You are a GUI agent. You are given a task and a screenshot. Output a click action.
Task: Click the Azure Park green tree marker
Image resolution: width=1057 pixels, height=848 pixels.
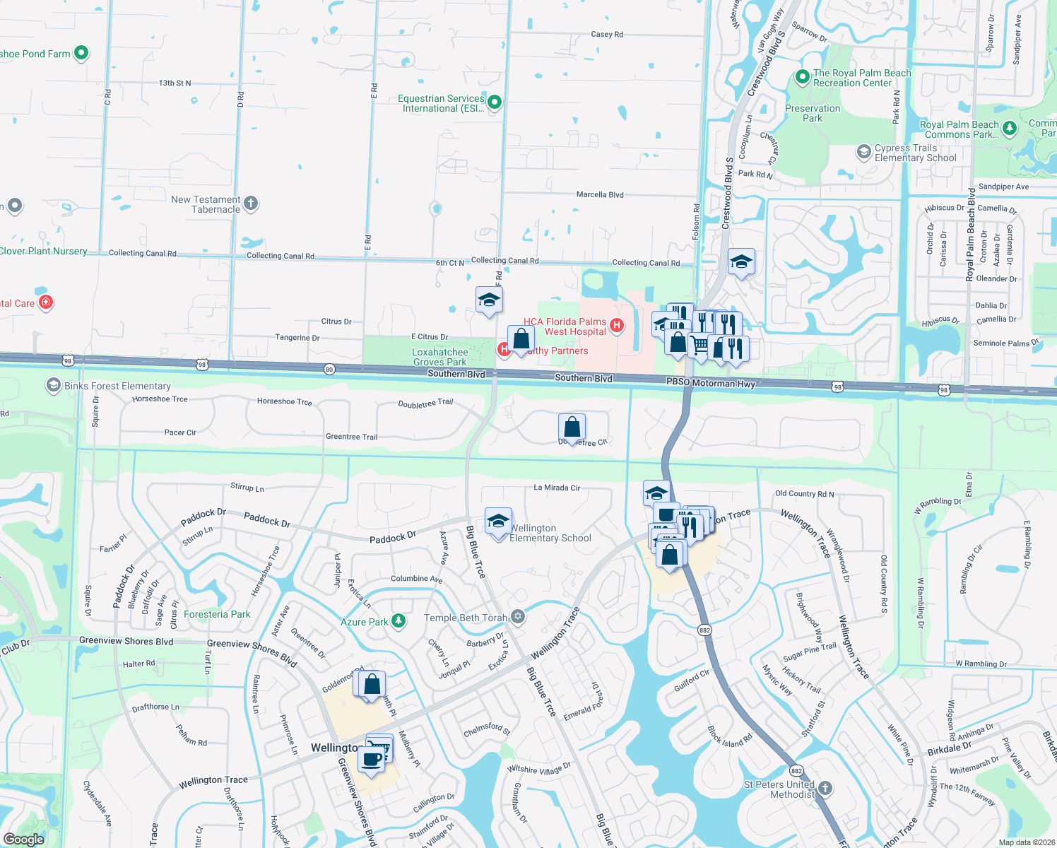click(x=398, y=620)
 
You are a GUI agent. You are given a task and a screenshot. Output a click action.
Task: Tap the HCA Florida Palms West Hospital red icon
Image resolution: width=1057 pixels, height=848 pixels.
click(x=616, y=326)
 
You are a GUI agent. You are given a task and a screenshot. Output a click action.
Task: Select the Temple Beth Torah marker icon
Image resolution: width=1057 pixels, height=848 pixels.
click(x=518, y=617)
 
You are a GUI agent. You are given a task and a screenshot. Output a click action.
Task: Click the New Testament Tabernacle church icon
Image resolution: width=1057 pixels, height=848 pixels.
click(x=251, y=204)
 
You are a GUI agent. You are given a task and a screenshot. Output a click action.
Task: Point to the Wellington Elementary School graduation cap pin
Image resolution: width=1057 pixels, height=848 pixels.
click(x=498, y=522)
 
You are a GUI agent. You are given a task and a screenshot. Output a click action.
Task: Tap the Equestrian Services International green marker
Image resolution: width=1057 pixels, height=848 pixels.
click(x=495, y=102)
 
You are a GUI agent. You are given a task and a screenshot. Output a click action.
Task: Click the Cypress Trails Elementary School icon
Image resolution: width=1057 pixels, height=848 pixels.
click(x=863, y=152)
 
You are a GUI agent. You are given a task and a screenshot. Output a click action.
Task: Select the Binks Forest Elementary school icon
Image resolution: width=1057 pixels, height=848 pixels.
click(x=53, y=385)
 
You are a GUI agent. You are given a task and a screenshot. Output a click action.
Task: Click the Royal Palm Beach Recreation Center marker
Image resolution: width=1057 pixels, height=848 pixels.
click(x=802, y=76)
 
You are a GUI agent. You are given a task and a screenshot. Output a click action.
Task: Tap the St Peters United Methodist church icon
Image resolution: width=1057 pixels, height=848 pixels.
click(x=825, y=788)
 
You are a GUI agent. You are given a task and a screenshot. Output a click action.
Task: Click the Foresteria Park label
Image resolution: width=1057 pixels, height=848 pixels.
click(x=217, y=614)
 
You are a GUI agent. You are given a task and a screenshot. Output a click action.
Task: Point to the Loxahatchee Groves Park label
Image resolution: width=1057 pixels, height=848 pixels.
click(x=439, y=357)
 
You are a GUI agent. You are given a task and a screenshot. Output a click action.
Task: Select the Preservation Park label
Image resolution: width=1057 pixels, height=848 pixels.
click(x=813, y=113)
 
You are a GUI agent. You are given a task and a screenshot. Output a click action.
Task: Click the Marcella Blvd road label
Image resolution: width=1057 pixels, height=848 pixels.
click(x=600, y=194)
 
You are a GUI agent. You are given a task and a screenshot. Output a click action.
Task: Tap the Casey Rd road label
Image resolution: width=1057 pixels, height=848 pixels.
click(x=607, y=34)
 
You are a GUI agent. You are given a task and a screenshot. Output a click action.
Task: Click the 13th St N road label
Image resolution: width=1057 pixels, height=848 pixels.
click(x=175, y=83)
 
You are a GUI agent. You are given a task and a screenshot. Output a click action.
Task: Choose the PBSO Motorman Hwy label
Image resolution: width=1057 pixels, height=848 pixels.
click(x=710, y=382)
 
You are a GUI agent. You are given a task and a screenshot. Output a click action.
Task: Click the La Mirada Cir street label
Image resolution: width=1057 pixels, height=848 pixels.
click(x=557, y=488)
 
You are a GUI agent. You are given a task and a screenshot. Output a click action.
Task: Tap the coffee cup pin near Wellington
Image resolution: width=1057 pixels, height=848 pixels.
click(x=371, y=758)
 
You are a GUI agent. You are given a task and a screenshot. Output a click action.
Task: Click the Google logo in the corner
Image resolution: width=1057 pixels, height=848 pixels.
click(x=23, y=839)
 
